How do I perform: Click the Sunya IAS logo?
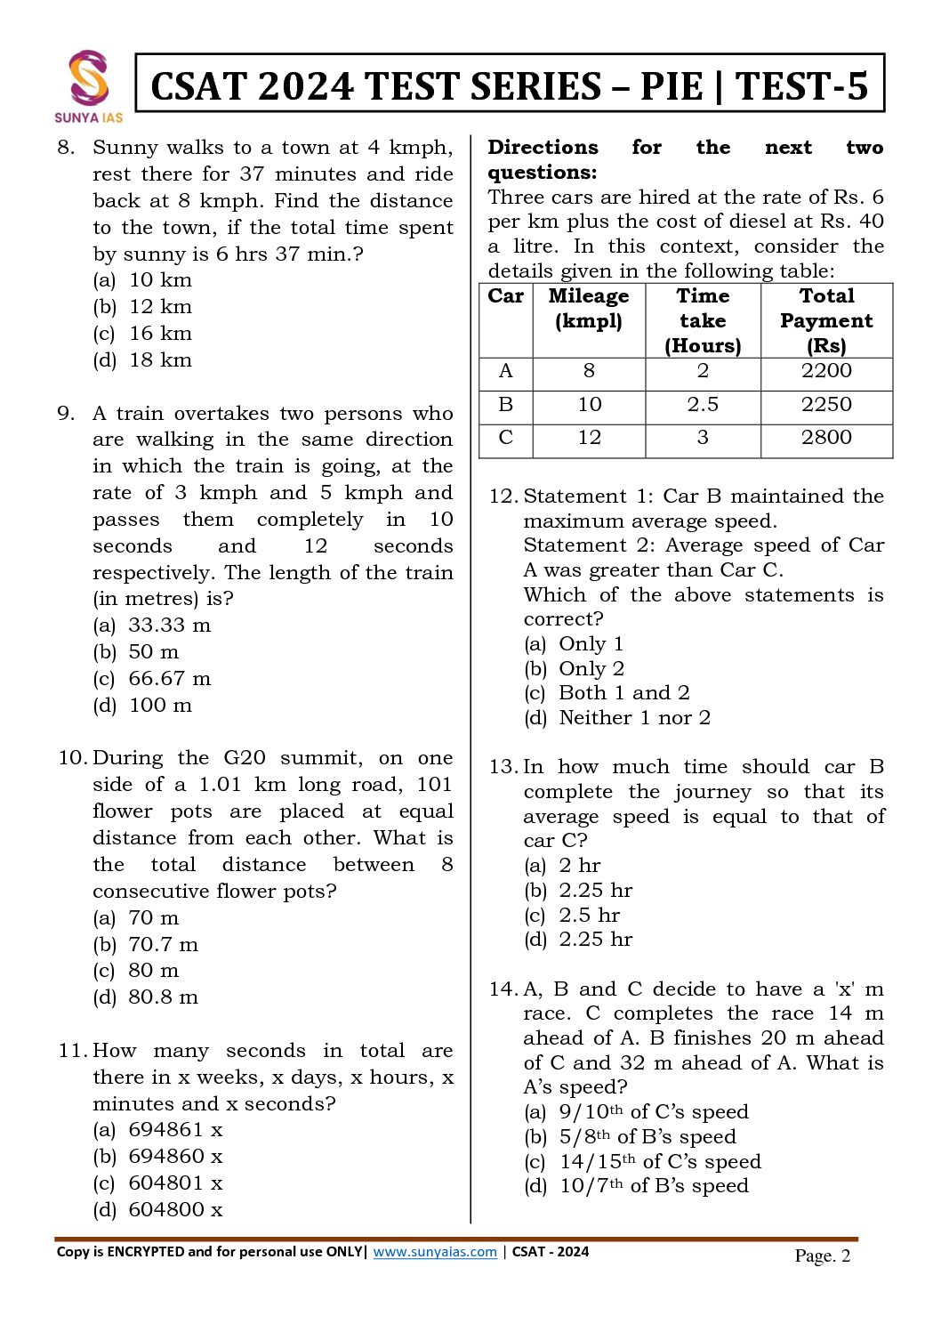[89, 85]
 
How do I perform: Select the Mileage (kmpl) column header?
[589, 308]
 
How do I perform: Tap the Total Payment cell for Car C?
[826, 438]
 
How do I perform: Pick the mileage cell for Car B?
[589, 405]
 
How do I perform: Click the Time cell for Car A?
[703, 371]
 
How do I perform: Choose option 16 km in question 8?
[160, 334]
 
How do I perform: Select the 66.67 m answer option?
[169, 679]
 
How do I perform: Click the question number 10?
[72, 758]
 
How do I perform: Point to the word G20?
[245, 758]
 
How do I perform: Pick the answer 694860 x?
[175, 1157]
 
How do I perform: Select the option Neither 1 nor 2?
[634, 718]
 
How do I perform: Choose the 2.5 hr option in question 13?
[589, 916]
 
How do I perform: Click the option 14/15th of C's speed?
[660, 1162]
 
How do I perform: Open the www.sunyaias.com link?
[435, 1252]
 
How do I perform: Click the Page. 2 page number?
[823, 1255]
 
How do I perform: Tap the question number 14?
[503, 989]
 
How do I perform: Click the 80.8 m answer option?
[163, 997]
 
